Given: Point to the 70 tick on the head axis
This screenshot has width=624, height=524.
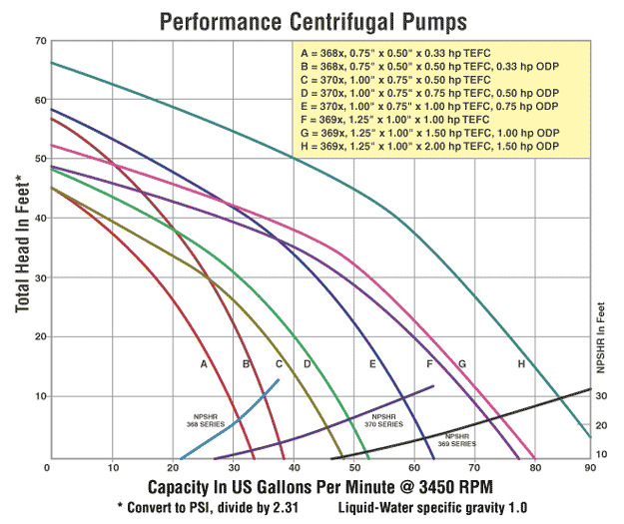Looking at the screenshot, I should (x=40, y=41).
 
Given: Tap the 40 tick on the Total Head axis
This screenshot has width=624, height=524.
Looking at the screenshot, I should (x=40, y=219).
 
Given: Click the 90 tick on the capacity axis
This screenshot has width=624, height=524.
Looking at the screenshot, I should (x=590, y=467).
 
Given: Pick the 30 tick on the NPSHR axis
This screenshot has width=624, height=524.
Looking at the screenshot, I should (x=601, y=397).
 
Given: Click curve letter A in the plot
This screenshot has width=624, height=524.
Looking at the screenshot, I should (x=204, y=364).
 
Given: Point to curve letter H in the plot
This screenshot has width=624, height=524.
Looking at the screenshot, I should (x=521, y=364).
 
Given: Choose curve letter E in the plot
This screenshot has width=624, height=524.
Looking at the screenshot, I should (x=372, y=364).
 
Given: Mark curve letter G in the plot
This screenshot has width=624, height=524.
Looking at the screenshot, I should (x=462, y=364).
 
